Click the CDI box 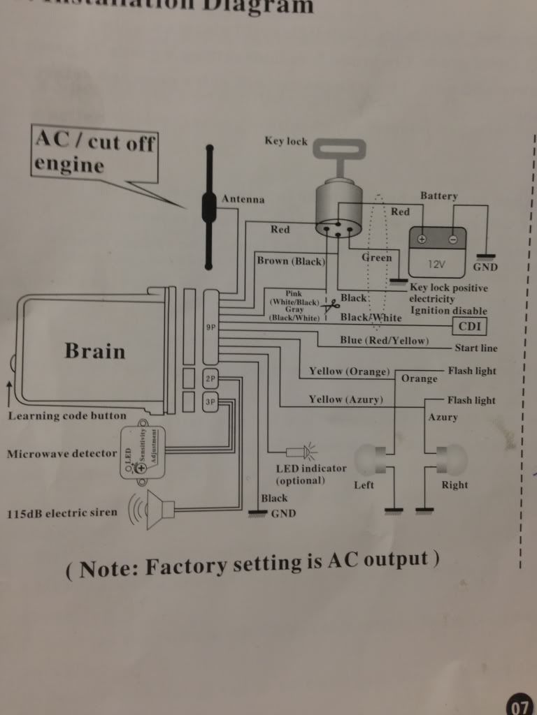click(x=471, y=325)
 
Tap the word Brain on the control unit click(x=95, y=351)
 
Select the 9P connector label click(x=210, y=327)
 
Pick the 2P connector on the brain click(x=210, y=379)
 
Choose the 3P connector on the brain click(x=210, y=401)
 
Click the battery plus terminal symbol click(x=422, y=239)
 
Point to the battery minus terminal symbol click(x=453, y=239)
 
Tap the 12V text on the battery click(x=437, y=265)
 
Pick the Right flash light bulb click(x=447, y=459)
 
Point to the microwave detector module click(x=143, y=452)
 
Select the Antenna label click(x=243, y=200)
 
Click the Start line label click(x=475, y=348)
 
